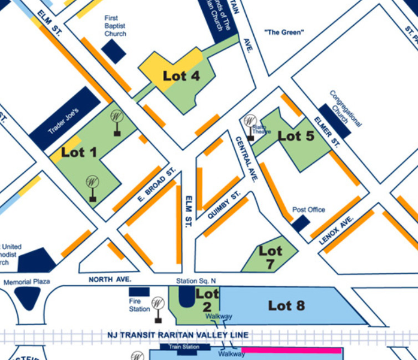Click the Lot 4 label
[181, 76]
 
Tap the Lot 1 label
[78, 152]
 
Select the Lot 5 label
[296, 137]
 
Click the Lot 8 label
[286, 305]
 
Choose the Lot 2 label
[207, 300]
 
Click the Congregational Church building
[334, 113]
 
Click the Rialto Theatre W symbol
[250, 121]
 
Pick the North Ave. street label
[110, 280]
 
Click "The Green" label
[285, 32]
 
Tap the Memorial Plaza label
[27, 282]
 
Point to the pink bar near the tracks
[292, 349]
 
